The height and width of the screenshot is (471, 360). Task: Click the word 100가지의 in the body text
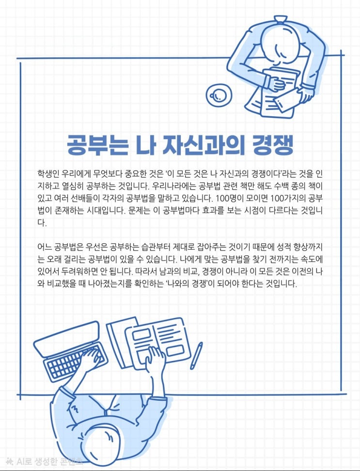tap(288, 199)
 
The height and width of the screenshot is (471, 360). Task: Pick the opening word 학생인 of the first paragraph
tap(48, 174)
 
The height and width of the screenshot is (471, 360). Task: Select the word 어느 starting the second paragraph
tap(44, 247)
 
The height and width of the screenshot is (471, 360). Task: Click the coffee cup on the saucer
tap(219, 95)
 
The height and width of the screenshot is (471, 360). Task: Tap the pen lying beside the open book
tap(196, 356)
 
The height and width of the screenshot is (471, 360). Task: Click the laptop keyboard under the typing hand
tap(75, 362)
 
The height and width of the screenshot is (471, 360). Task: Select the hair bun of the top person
tap(280, 20)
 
